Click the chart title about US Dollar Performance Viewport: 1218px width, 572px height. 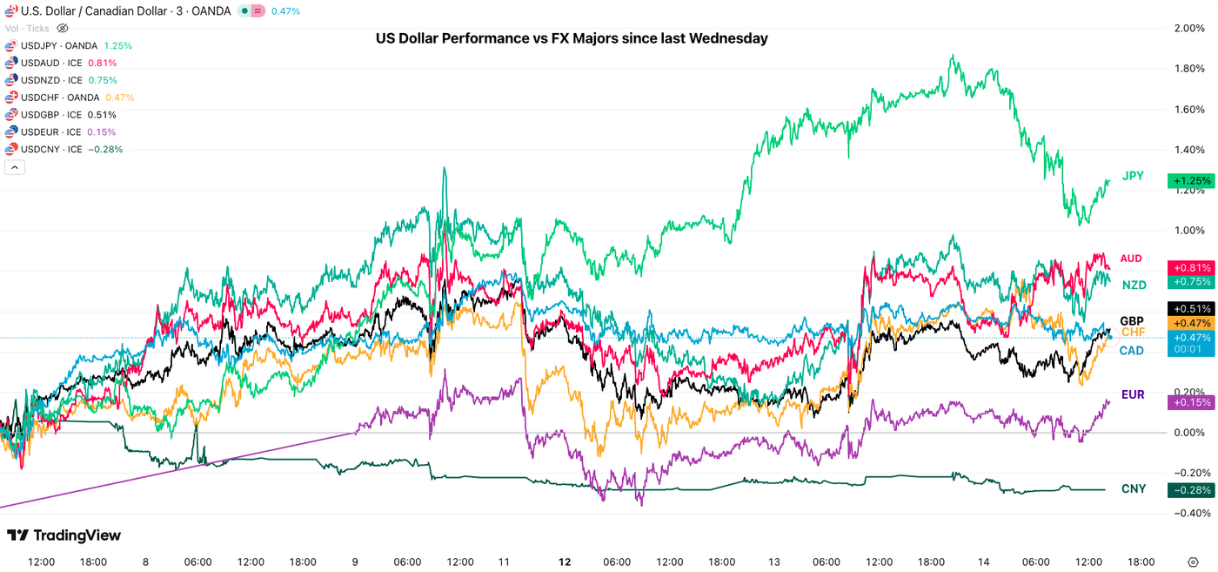pos(572,38)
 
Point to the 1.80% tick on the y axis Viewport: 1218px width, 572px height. pos(1188,69)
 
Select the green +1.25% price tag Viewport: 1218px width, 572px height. pos(1191,181)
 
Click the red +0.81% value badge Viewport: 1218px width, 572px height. pos(1191,268)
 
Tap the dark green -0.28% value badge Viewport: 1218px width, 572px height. pos(1191,490)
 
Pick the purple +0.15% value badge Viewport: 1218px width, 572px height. pos(1191,402)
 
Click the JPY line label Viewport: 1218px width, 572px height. pos(1133,176)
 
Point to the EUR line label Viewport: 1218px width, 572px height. pos(1133,394)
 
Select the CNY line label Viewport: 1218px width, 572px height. pos(1134,488)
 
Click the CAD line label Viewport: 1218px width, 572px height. pos(1131,350)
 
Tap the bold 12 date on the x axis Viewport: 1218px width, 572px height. pos(565,562)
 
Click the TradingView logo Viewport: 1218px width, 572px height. pos(64,535)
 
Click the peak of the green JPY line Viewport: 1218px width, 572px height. pos(954,56)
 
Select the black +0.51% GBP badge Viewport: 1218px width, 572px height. pos(1191,308)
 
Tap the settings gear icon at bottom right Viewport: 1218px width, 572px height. pos(1193,562)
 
